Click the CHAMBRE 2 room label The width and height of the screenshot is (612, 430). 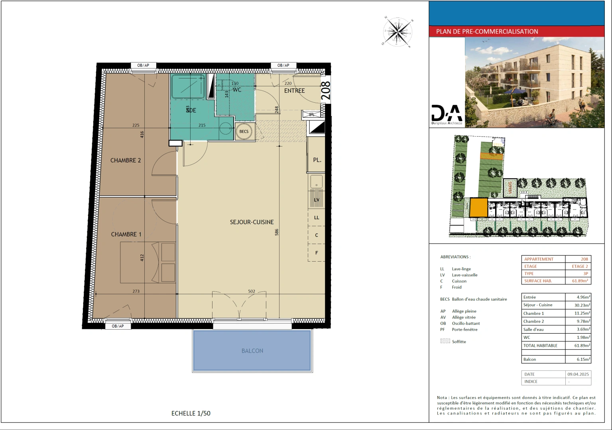click(x=126, y=160)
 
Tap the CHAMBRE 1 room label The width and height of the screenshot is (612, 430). click(x=126, y=235)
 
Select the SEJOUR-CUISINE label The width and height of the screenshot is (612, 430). click(x=252, y=222)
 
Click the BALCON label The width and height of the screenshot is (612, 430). click(x=252, y=351)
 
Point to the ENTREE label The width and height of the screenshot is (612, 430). click(x=294, y=91)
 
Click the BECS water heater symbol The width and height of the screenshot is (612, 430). click(x=244, y=131)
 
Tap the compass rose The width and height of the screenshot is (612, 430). click(x=398, y=31)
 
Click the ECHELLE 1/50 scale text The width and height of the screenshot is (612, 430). click(x=191, y=413)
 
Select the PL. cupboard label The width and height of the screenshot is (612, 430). click(x=317, y=160)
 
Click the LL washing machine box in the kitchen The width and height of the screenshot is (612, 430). click(x=317, y=217)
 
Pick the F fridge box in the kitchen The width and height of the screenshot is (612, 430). click(x=317, y=253)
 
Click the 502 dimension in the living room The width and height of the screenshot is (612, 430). click(x=252, y=291)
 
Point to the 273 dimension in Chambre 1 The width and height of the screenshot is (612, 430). click(x=136, y=291)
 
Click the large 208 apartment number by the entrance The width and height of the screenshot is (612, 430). click(x=326, y=90)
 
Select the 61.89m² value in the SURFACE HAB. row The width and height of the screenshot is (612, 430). click(x=580, y=281)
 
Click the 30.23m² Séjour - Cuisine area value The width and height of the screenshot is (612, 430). click(x=582, y=305)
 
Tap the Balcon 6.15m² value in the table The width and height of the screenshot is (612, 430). click(x=583, y=360)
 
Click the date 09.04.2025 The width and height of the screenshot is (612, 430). click(x=578, y=374)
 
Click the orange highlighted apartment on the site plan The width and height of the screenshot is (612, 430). click(x=478, y=207)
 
